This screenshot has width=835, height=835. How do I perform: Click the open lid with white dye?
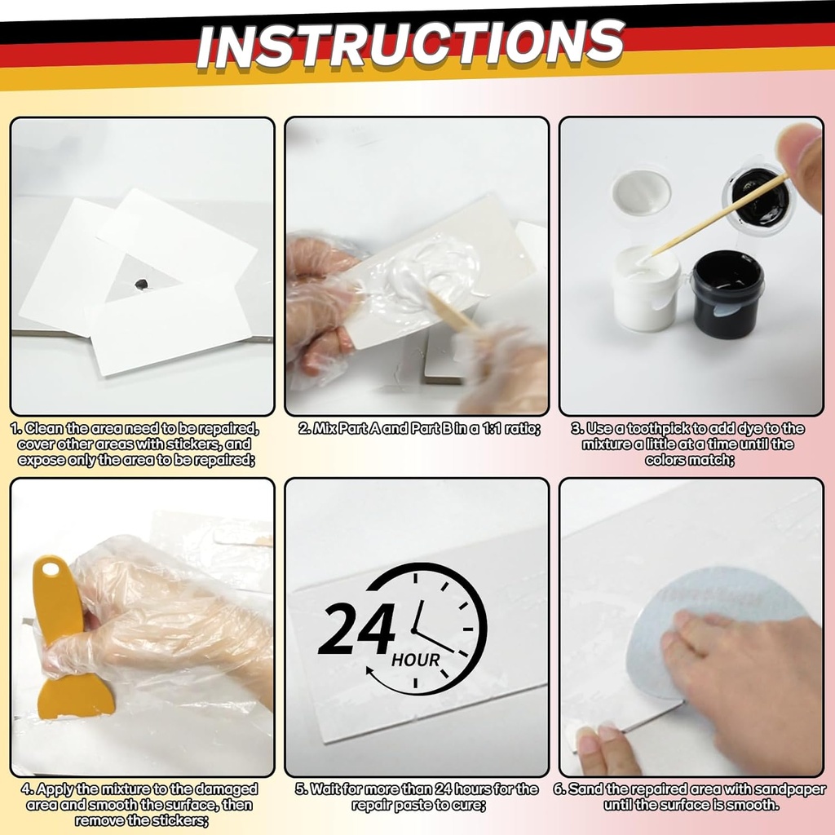[x=641, y=191]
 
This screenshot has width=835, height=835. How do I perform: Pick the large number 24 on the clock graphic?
[x=357, y=630]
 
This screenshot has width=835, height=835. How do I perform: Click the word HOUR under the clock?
[x=416, y=660]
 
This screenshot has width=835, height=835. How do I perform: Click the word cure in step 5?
[x=466, y=805]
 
